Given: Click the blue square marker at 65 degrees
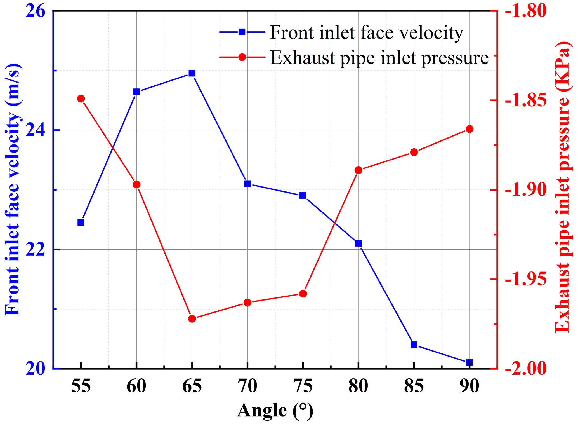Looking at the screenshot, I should (192, 73).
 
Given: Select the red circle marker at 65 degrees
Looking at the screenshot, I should (192, 319).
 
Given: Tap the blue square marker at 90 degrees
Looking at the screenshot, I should (469, 363).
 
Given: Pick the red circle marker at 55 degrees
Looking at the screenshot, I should (81, 99).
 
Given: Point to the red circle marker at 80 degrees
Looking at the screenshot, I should (358, 170).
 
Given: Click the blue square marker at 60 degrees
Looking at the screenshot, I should (136, 92).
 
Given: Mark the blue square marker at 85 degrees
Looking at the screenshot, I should (414, 345).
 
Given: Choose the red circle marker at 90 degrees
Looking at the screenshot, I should (470, 129).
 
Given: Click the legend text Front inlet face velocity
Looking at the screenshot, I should (367, 33).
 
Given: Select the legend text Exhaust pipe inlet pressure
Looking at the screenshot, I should (379, 58).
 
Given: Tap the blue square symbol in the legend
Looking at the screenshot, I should (242, 32).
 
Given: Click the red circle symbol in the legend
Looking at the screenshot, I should (242, 57).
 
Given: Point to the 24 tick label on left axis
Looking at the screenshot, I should (35, 130).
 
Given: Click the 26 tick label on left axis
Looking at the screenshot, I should (35, 12).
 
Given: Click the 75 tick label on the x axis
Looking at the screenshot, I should (303, 386).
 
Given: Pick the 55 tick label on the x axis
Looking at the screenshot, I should (81, 386).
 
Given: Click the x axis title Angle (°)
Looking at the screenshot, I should (275, 411).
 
